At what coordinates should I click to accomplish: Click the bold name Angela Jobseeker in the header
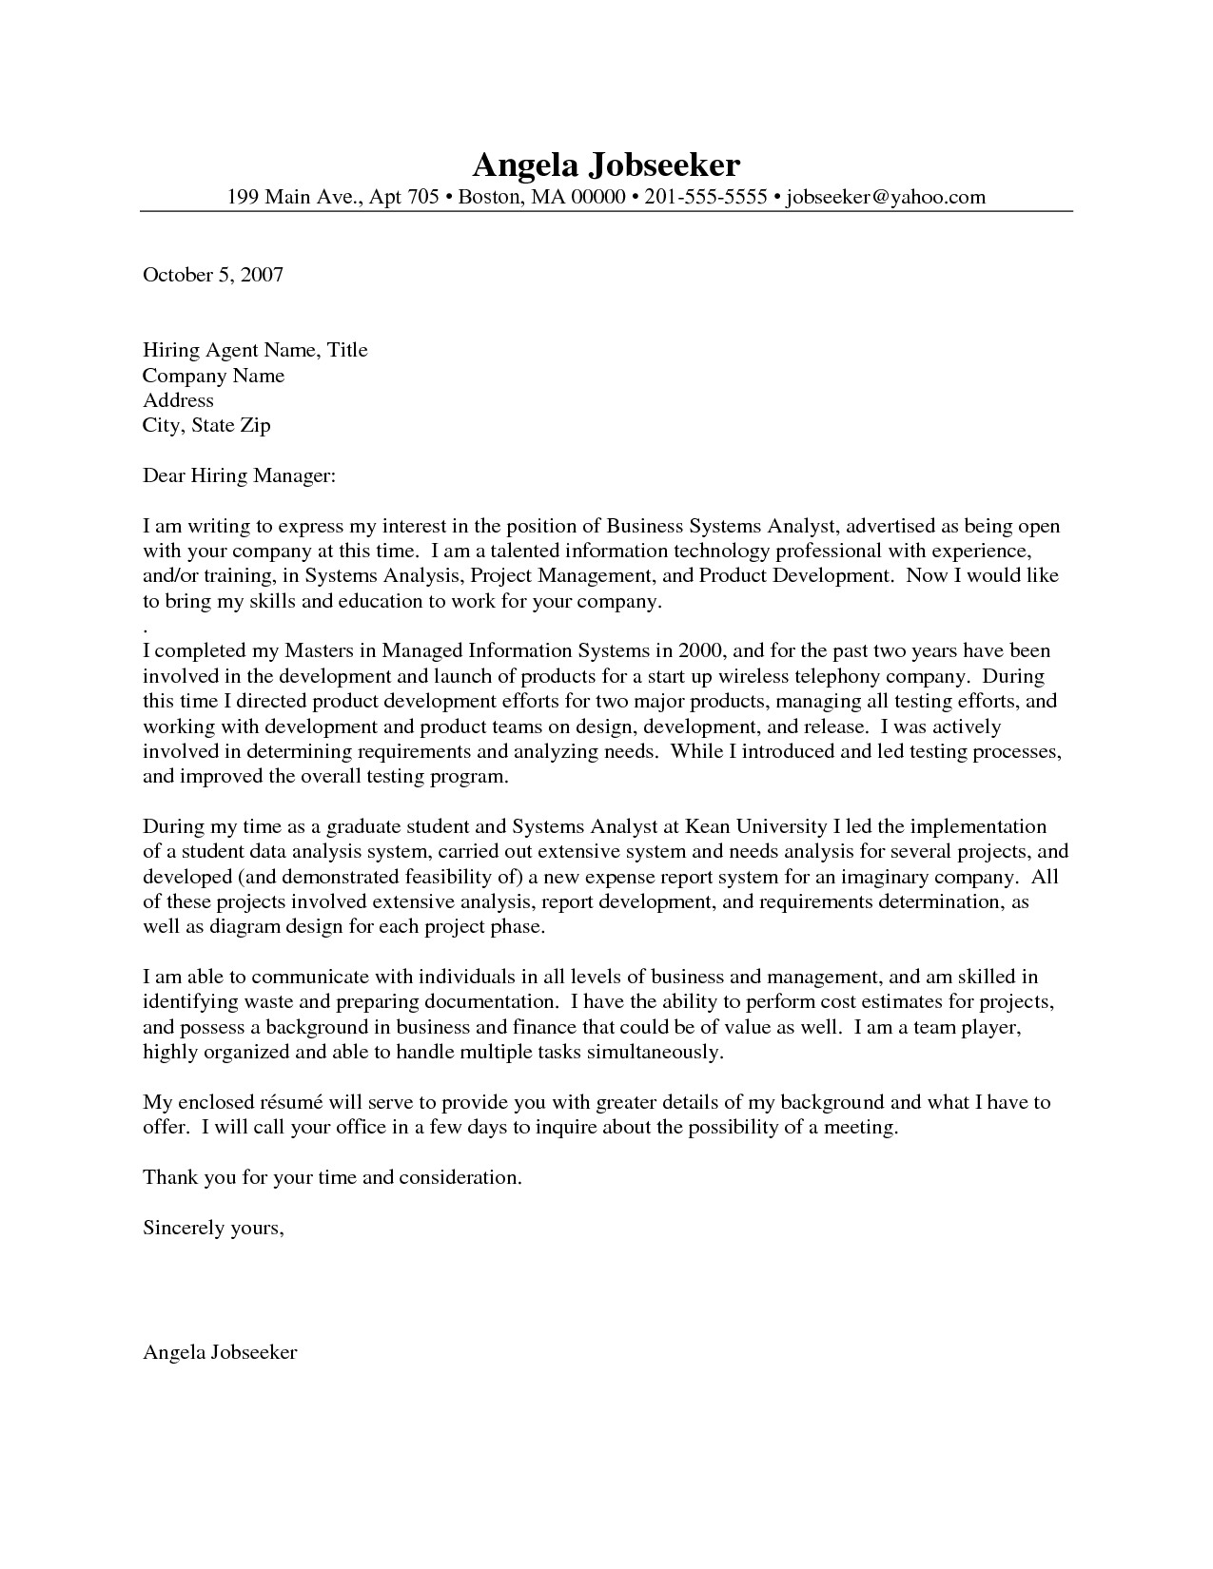[x=606, y=165]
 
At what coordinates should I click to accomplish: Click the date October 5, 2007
[x=213, y=275]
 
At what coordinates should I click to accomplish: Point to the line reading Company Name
[x=213, y=376]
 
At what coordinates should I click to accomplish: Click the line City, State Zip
[x=206, y=425]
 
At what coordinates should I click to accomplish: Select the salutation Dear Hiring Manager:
[x=239, y=475]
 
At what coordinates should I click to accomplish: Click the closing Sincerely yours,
[x=213, y=1228]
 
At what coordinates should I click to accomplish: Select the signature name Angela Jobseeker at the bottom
[x=220, y=1351]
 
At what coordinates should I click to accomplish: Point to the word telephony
[x=838, y=677]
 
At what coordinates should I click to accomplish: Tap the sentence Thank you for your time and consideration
[x=332, y=1177]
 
